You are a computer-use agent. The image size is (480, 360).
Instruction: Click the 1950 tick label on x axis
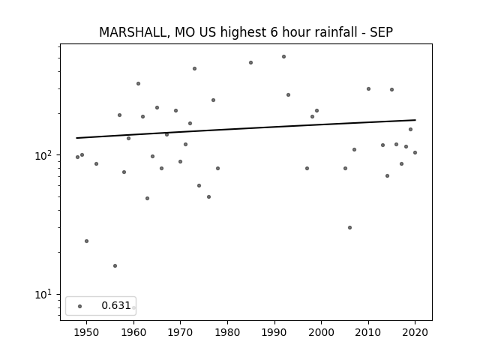point(87,332)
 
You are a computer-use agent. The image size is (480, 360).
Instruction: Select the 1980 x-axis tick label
point(227,332)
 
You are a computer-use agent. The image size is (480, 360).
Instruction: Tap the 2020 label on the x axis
point(415,332)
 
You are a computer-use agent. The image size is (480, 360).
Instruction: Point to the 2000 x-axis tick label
point(321,332)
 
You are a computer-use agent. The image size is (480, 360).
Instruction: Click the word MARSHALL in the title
point(133,32)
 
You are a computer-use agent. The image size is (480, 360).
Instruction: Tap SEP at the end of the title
point(382,32)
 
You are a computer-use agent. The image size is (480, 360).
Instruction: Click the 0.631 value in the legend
point(116,305)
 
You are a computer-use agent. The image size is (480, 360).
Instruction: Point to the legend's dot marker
point(80,306)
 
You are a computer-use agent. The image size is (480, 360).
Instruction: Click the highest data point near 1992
point(283,57)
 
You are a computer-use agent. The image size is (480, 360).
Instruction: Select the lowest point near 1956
point(115,265)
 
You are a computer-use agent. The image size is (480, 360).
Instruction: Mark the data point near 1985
point(250,62)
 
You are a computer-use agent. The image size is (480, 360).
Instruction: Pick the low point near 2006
point(349,227)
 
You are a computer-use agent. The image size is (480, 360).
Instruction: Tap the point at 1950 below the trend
point(87,241)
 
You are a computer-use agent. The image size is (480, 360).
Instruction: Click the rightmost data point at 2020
point(415,152)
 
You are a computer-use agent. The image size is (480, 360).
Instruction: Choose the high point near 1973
point(194,68)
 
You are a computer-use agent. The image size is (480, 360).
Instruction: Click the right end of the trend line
point(415,120)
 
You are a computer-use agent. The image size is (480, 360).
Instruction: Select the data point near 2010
point(368,88)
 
